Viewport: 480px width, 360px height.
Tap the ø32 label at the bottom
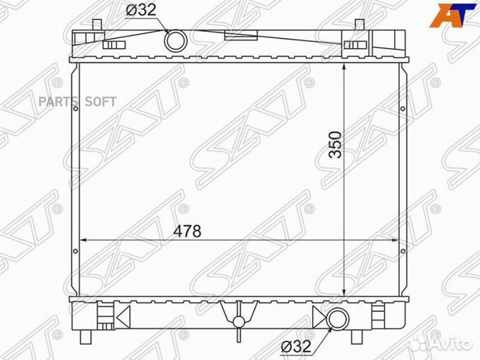(295, 347)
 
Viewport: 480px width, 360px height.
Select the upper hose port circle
(177, 41)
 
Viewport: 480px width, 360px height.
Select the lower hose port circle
(337, 319)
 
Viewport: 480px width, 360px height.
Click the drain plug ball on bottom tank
(237, 322)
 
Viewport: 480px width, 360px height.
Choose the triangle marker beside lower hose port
(321, 319)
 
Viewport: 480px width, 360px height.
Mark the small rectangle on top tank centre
(237, 37)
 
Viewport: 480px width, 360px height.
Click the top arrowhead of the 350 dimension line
(343, 67)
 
